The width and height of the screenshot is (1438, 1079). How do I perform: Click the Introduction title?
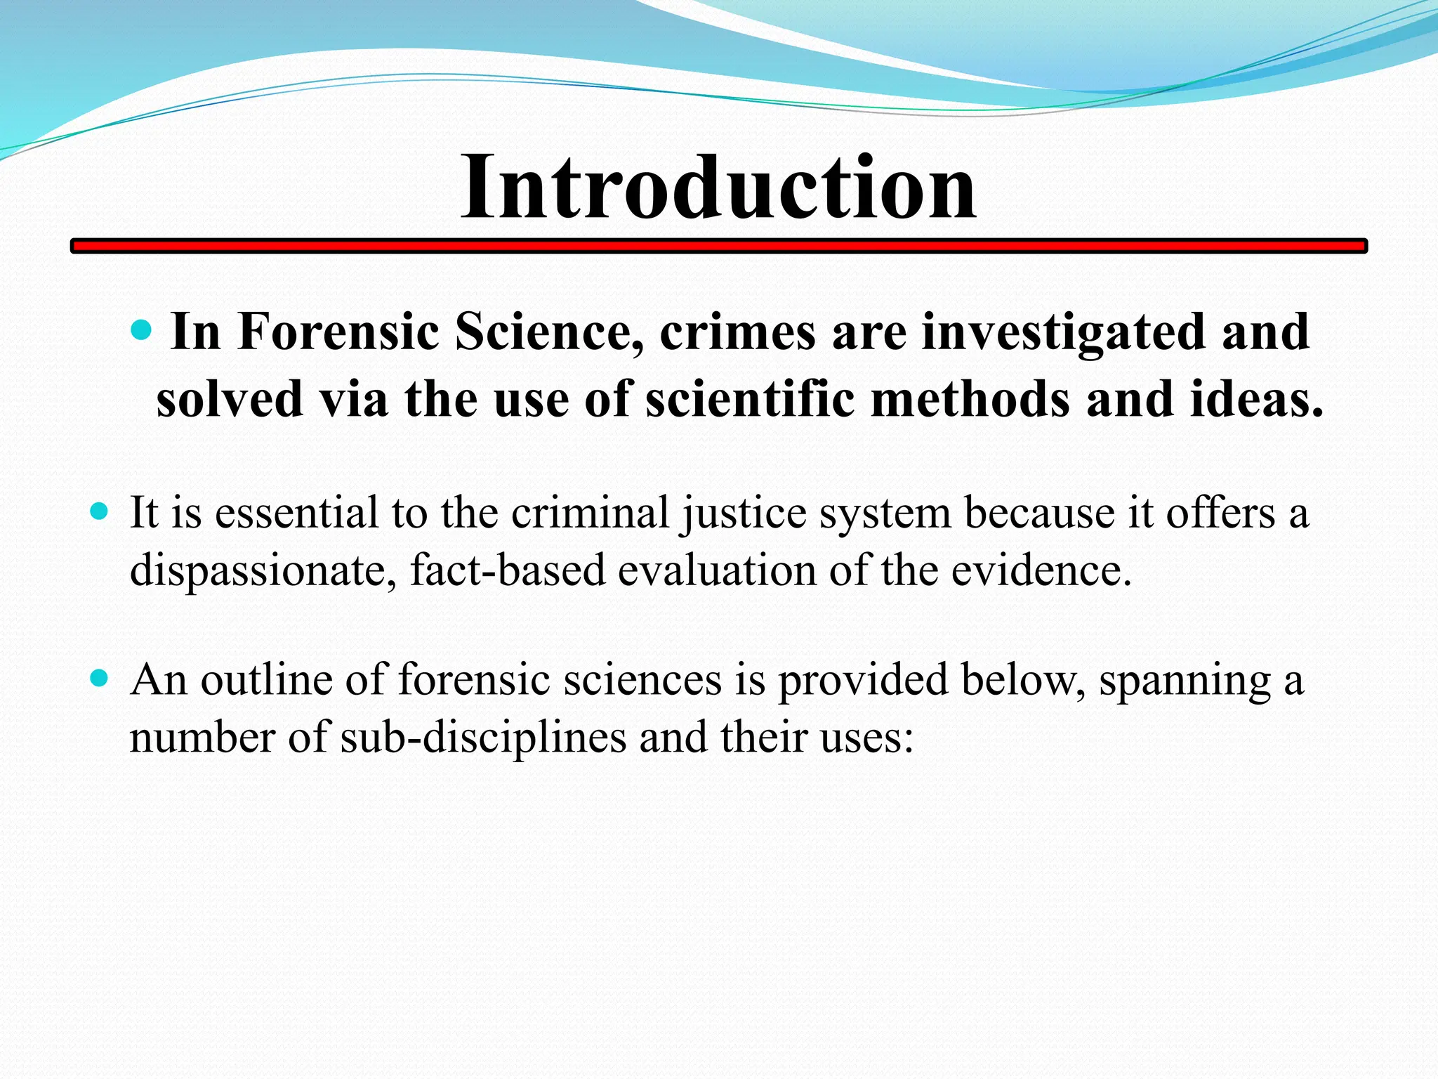click(718, 188)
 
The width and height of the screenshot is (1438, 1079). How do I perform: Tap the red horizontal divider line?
click(718, 246)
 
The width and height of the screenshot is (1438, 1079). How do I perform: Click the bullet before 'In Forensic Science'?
click(142, 329)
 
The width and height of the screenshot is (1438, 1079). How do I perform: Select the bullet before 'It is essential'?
click(100, 511)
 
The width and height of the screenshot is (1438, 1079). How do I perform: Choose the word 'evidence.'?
click(1041, 570)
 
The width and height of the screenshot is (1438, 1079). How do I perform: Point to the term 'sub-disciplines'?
click(483, 738)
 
